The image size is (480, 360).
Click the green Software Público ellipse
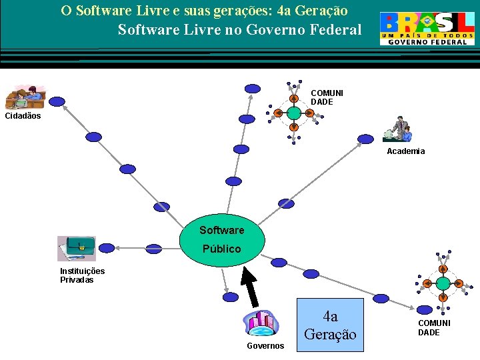pyautogui.click(x=223, y=239)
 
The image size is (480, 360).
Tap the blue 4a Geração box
pyautogui.click(x=330, y=324)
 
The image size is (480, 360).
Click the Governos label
pyautogui.click(x=265, y=346)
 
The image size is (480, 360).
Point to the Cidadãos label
pyautogui.click(x=23, y=116)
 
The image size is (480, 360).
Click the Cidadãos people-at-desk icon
pyautogui.click(x=24, y=97)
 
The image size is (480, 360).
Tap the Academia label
pyautogui.click(x=405, y=151)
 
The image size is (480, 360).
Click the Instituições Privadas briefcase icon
pyautogui.click(x=76, y=249)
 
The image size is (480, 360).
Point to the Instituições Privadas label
pyautogui.click(x=82, y=275)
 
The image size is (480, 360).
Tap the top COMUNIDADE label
pyautogui.click(x=327, y=97)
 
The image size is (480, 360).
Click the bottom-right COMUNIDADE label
pyautogui.click(x=434, y=327)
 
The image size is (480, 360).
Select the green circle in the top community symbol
pyautogui.click(x=294, y=113)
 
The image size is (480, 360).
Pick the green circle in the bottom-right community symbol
pyautogui.click(x=442, y=283)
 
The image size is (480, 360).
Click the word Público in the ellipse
pyautogui.click(x=222, y=249)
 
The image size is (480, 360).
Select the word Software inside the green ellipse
pyautogui.click(x=221, y=230)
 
